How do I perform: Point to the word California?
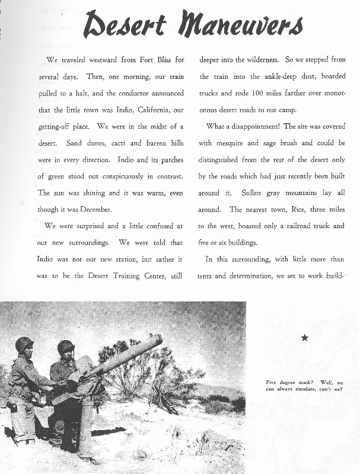(140, 110)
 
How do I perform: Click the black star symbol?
(304, 338)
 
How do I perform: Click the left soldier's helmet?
(24, 344)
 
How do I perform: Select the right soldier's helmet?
(65, 347)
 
